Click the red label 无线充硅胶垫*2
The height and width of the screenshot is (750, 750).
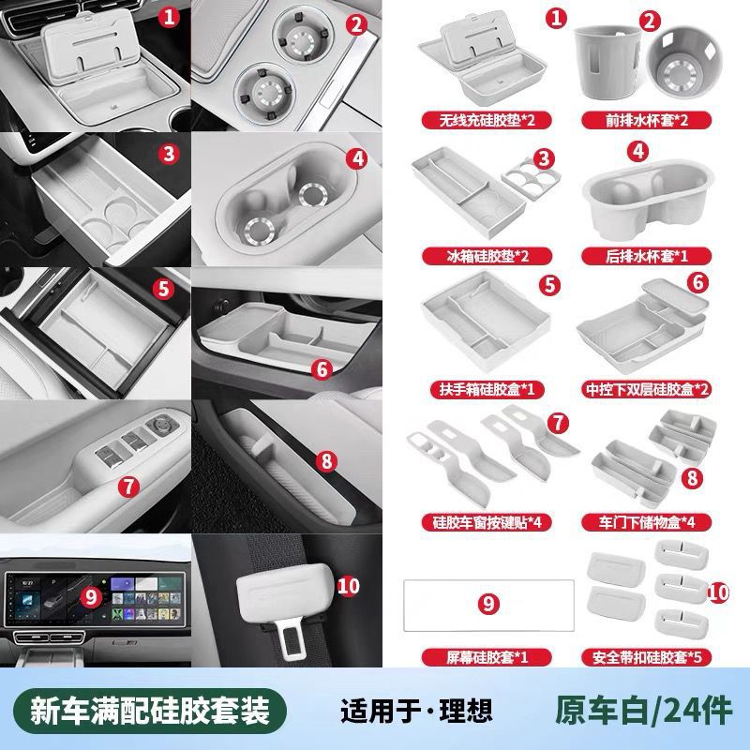tap(487, 120)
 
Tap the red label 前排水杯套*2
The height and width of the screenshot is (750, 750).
tap(646, 120)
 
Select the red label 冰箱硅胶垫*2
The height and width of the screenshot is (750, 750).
tap(487, 256)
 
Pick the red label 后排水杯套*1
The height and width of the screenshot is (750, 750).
tap(646, 256)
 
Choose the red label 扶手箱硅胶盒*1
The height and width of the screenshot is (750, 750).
tap(487, 389)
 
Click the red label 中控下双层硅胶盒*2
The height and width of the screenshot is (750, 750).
tap(646, 389)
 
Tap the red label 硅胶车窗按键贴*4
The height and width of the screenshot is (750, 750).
tap(487, 522)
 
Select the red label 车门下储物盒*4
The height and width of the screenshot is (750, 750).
tap(646, 522)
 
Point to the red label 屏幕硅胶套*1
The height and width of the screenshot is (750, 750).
tap(487, 657)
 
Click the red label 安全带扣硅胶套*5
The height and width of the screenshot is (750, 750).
tap(646, 657)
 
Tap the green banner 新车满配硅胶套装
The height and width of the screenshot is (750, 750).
tap(150, 711)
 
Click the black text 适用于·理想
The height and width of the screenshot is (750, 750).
tap(416, 711)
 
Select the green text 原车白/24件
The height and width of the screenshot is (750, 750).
tap(644, 711)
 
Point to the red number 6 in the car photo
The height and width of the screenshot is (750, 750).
tap(322, 368)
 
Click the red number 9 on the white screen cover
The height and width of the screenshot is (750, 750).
tap(488, 604)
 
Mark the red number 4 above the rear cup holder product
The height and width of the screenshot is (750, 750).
tap(638, 151)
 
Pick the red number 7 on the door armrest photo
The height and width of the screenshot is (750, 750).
tap(128, 487)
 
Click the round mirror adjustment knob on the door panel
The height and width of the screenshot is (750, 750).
tap(162, 425)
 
